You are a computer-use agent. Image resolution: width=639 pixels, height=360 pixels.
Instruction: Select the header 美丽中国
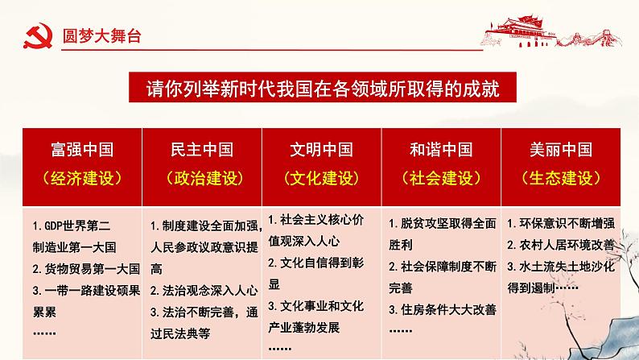[560, 150]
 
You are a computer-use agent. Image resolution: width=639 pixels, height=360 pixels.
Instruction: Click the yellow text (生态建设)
[560, 178]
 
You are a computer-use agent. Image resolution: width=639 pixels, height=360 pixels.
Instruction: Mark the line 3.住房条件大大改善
[442, 309]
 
